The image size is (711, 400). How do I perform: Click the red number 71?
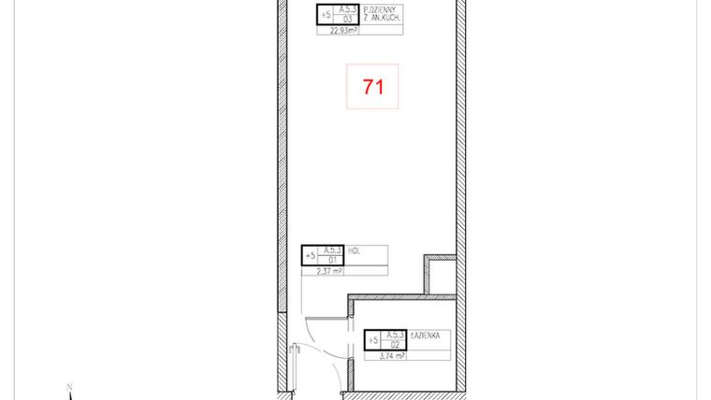373,87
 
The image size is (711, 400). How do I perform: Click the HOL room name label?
354,250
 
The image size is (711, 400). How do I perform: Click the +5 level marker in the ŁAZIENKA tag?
372,340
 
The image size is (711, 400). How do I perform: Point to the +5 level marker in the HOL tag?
310,255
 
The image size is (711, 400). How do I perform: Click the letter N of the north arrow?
68,385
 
